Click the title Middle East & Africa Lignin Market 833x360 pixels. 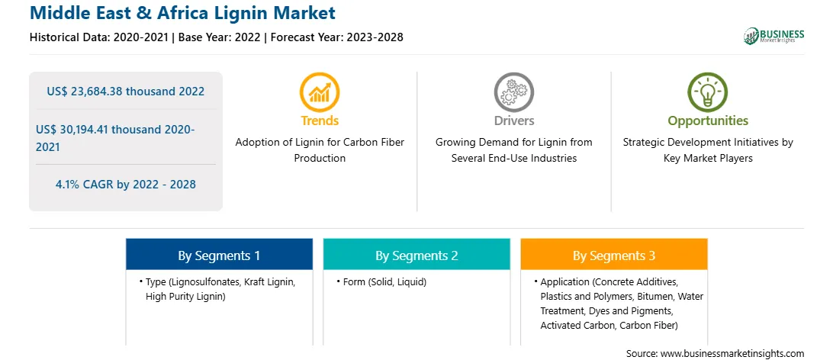point(183,13)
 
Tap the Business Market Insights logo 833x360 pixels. point(773,36)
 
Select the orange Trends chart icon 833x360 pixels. point(320,92)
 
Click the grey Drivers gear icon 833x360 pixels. point(513,92)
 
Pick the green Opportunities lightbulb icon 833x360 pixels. point(708,92)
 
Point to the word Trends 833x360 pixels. point(320,121)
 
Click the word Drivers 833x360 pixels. point(513,121)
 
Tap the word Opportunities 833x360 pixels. point(708,121)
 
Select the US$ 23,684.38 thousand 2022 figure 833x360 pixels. point(125,92)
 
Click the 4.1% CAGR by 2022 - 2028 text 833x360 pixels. point(125,185)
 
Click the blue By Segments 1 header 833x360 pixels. point(220,255)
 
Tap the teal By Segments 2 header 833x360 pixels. point(416,255)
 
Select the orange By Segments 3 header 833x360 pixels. point(614,255)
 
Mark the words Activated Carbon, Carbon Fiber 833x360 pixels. point(609,325)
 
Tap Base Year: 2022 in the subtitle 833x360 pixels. point(220,37)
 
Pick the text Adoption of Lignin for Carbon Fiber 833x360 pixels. point(320,143)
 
